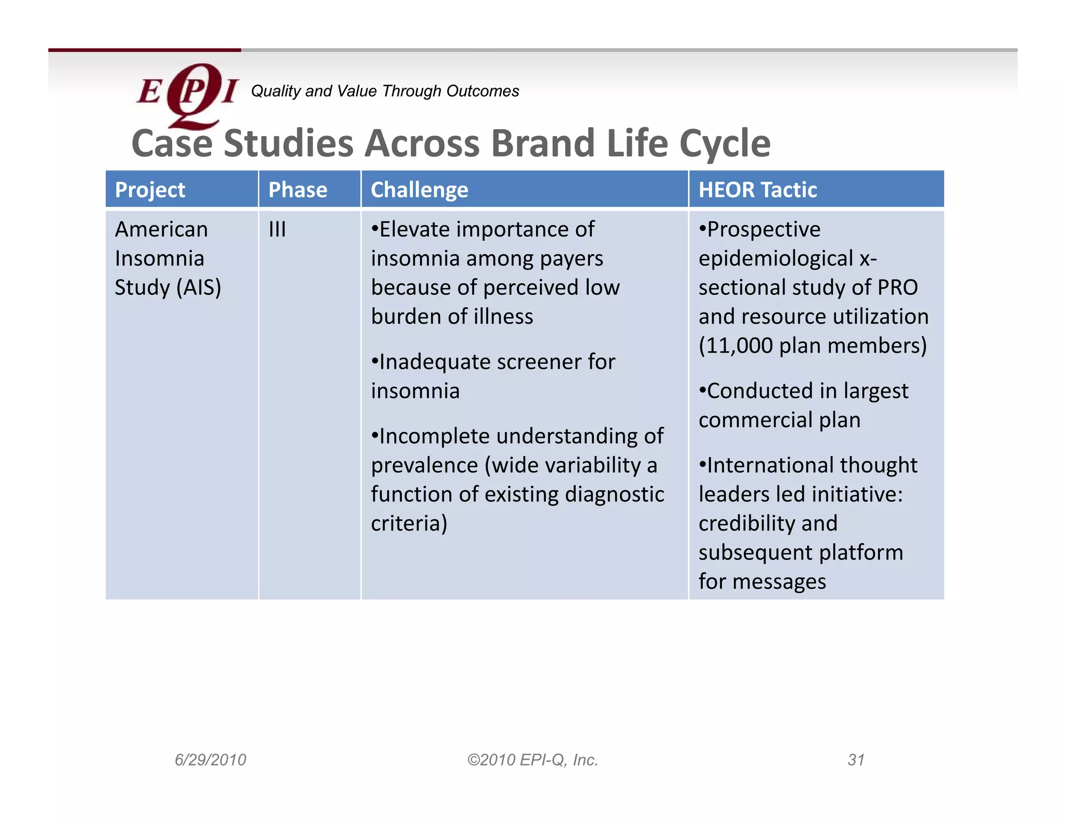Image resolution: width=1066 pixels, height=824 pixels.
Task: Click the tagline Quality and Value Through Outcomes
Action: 385,91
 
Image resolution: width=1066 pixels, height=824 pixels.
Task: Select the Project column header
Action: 150,190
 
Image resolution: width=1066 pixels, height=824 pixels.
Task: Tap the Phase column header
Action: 297,190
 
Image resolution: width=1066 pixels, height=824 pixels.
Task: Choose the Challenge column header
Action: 419,190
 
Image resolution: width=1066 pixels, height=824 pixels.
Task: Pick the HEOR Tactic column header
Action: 757,190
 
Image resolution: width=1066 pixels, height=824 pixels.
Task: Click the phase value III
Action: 277,230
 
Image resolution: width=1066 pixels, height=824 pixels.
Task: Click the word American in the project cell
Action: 161,230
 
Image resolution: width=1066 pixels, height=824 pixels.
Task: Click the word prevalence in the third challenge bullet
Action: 424,465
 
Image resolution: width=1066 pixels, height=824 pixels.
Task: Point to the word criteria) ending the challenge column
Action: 409,523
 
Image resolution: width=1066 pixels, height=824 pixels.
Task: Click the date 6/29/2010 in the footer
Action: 210,760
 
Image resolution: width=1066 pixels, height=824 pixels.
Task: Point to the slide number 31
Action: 856,760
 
